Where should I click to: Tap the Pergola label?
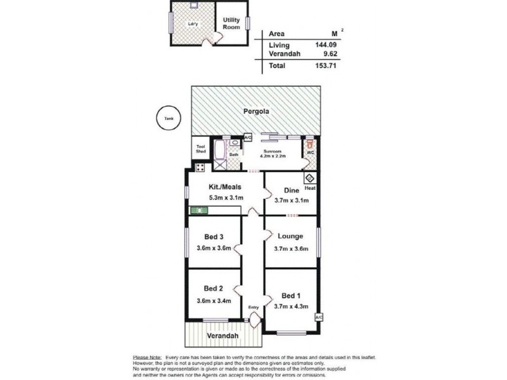click(257, 112)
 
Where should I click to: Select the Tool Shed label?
click(201, 149)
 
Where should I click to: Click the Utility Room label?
click(231, 24)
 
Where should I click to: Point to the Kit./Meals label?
click(224, 187)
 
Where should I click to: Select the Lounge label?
click(289, 236)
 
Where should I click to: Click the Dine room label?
click(291, 189)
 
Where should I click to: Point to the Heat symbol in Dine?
click(310, 179)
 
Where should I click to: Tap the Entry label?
click(253, 308)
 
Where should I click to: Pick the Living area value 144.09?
click(327, 45)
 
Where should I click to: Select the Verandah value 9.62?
click(330, 54)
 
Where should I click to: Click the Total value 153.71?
click(327, 66)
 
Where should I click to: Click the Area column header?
click(276, 34)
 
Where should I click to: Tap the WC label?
click(311, 153)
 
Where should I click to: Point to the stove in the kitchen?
click(200, 168)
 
